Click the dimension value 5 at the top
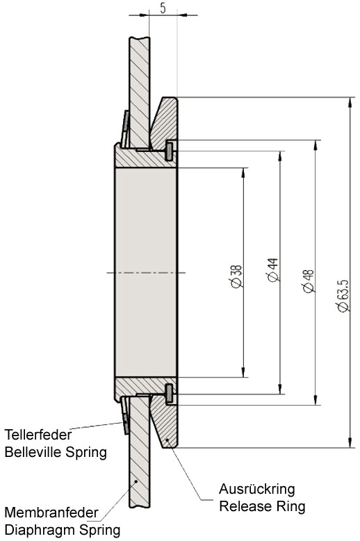(x=163, y=8)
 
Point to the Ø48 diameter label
(x=308, y=281)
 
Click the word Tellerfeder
(x=38, y=434)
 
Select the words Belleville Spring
(x=56, y=451)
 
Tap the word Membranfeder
(x=51, y=513)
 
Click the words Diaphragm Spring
(x=63, y=530)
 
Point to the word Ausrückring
(x=257, y=489)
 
